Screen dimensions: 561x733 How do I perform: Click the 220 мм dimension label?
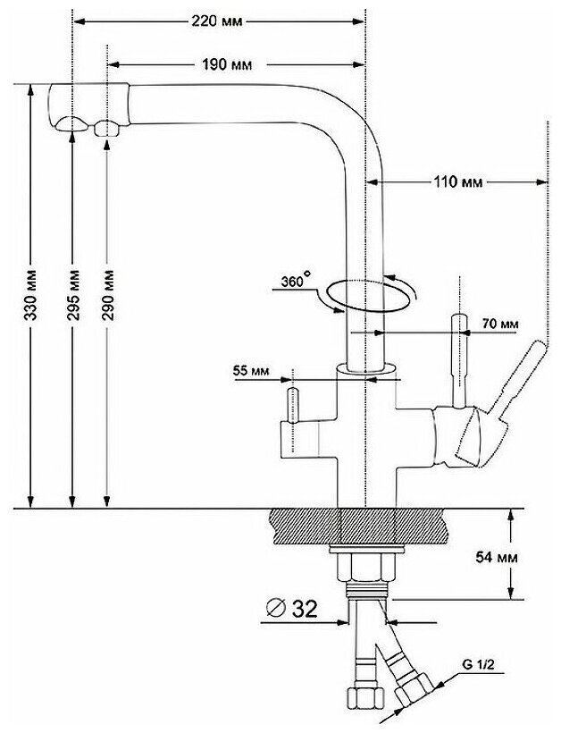coord(218,24)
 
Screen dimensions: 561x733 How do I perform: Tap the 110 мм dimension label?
coord(457,182)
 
